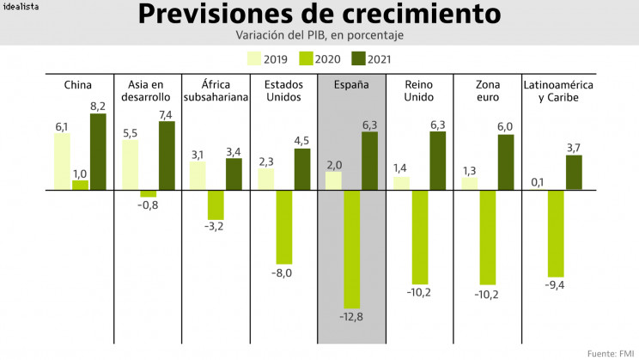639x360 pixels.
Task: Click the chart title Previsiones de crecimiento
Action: (x=319, y=15)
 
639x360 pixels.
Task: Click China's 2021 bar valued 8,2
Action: (x=98, y=151)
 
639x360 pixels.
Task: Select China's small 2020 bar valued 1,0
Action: (x=80, y=185)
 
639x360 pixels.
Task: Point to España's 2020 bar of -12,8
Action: (x=351, y=249)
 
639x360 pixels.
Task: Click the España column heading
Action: (x=352, y=85)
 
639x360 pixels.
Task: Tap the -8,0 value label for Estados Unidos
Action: (x=283, y=272)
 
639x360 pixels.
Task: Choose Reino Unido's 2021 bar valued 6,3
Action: (x=438, y=161)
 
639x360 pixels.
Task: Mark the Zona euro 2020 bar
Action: (x=488, y=237)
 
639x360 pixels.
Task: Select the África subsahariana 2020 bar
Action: (x=216, y=204)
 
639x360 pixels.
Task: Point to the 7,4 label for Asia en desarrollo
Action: (x=166, y=114)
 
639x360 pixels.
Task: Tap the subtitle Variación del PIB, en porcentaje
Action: (x=319, y=35)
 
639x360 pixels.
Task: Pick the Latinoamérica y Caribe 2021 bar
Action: (x=574, y=172)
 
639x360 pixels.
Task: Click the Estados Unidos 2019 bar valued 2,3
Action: (x=266, y=179)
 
